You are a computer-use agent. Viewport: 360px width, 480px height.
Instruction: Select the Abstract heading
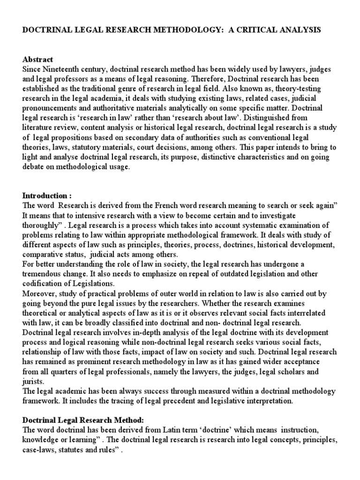tap(38, 60)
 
